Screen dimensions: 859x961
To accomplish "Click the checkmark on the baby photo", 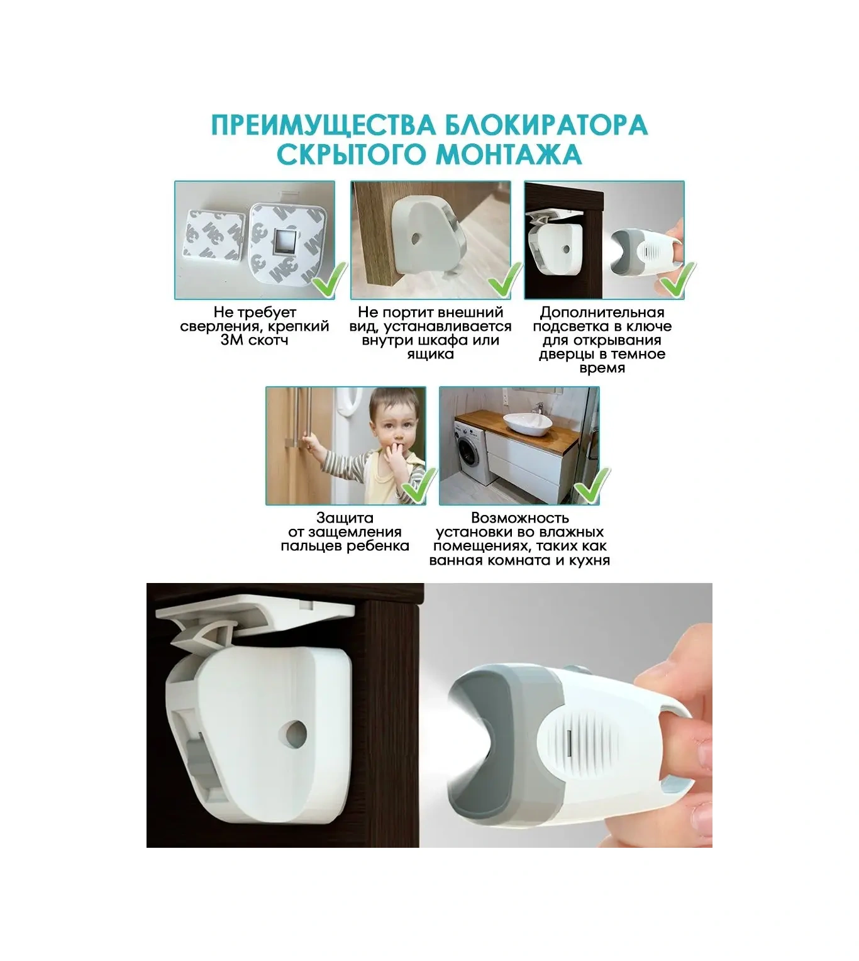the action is [x=419, y=486].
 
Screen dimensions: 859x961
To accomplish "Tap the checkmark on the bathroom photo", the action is [x=592, y=486].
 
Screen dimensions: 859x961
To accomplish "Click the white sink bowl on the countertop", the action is [x=524, y=423].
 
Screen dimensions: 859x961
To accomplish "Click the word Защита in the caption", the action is [x=345, y=518].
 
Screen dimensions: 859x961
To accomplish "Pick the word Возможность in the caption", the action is [x=520, y=518].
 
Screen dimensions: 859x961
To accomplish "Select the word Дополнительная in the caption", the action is [x=602, y=313].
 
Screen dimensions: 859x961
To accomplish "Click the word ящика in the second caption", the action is [x=430, y=355].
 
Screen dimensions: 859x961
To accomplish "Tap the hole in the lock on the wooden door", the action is [x=416, y=238].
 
